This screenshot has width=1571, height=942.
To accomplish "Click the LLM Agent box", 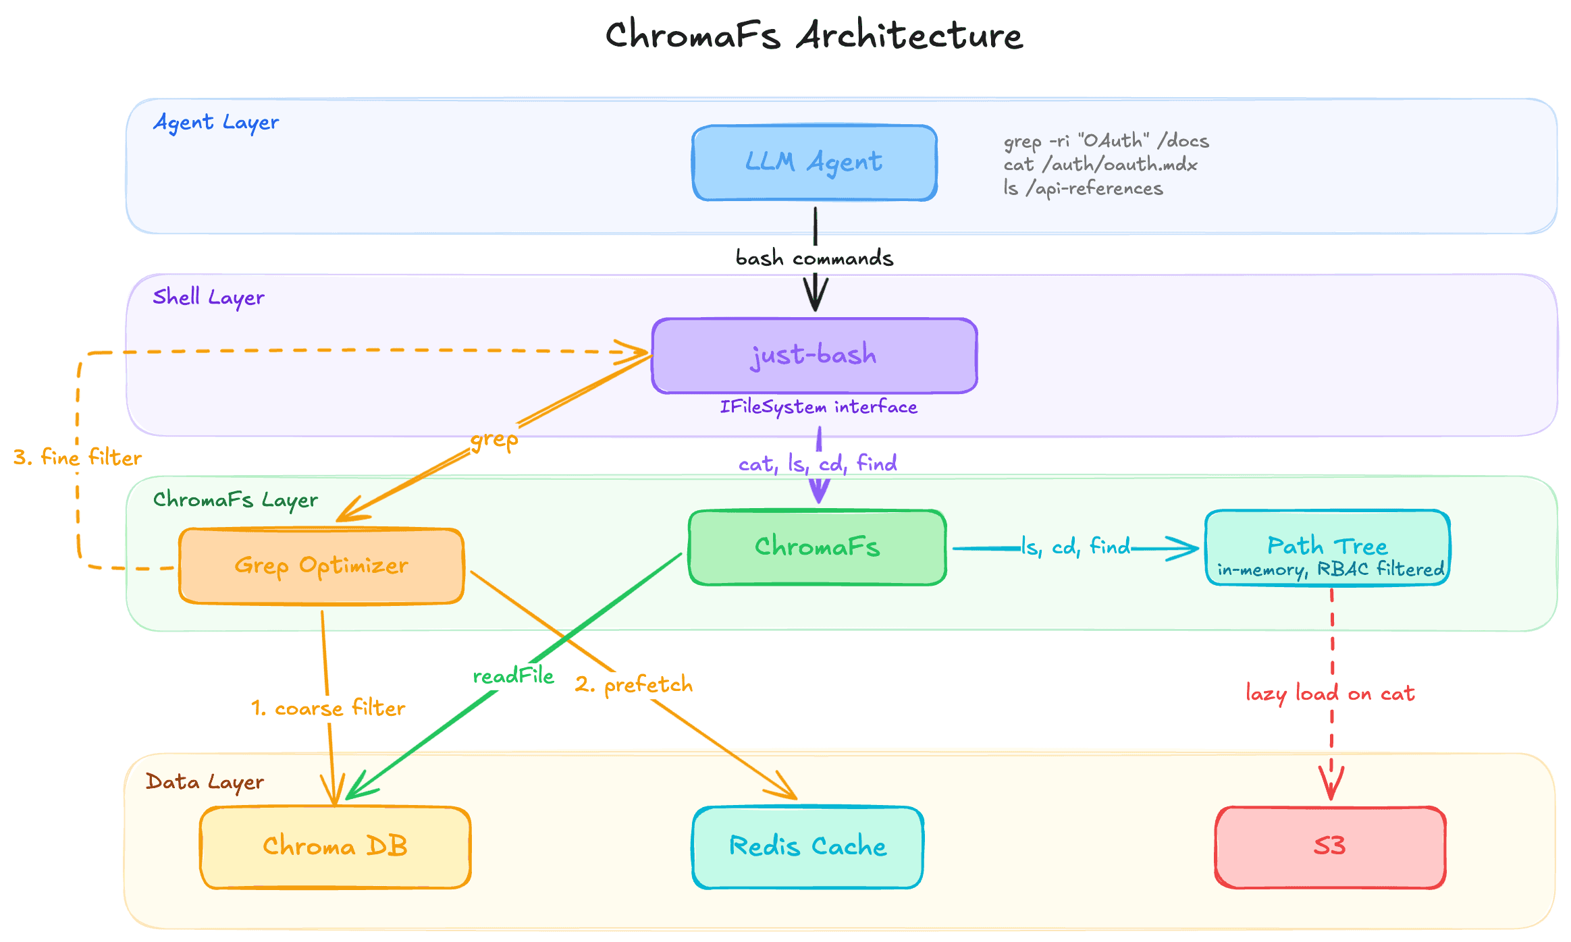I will (814, 163).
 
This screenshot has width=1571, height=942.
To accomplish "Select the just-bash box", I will (814, 356).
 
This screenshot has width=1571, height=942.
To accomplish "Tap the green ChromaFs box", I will (817, 547).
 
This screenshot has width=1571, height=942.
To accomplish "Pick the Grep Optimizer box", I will (321, 565).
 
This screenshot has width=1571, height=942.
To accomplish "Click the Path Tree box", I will (1327, 547).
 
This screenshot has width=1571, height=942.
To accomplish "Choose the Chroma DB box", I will (335, 847).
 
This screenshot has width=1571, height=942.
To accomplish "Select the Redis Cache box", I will (807, 847).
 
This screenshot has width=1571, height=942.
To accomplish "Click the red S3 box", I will (1330, 847).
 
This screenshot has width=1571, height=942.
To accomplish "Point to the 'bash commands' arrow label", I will (814, 258).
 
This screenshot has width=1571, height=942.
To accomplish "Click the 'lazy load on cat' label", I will (1330, 694).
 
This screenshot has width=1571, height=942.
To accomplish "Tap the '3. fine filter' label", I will (78, 458).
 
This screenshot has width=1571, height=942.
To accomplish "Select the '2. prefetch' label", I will (633, 685).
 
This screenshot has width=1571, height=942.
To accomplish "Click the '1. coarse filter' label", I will (328, 709).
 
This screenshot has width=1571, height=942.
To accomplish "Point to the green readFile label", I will (513, 676).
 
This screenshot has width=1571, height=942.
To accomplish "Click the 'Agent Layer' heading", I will (216, 123).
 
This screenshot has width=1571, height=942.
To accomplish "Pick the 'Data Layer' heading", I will (205, 782).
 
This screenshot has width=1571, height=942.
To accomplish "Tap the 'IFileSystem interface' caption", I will (818, 407).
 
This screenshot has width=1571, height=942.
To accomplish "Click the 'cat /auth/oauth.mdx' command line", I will (1100, 165).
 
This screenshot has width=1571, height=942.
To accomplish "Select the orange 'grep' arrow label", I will (494, 440).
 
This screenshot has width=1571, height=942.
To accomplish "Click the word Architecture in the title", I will (909, 35).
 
